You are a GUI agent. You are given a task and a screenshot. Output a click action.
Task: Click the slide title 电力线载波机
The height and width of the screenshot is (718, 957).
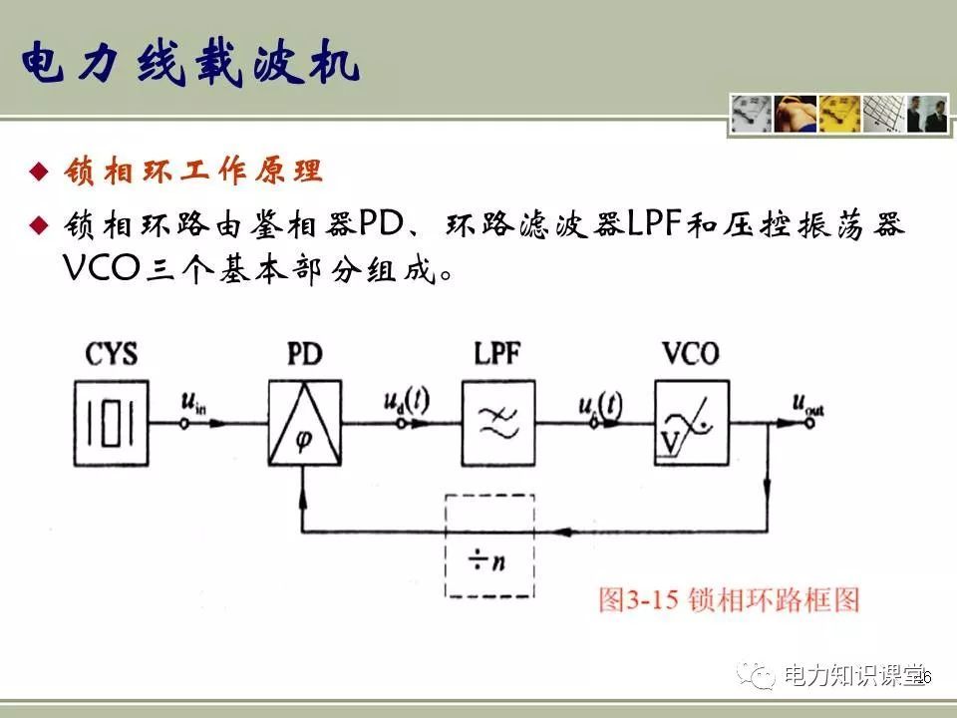[189, 67]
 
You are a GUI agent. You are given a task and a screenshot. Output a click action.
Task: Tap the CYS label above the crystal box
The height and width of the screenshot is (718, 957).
[111, 355]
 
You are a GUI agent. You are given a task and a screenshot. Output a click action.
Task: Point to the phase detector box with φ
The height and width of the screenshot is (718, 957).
[304, 423]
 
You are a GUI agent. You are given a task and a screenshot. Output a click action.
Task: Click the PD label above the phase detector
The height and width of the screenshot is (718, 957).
[304, 355]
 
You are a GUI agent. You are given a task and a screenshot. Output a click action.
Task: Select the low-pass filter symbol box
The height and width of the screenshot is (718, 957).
[497, 420]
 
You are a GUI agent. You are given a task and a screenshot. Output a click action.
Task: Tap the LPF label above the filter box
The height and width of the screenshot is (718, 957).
[497, 355]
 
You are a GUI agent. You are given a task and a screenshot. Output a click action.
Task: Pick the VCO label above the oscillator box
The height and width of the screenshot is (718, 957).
[690, 354]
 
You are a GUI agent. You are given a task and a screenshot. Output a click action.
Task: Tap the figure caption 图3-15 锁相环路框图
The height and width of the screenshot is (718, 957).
[728, 599]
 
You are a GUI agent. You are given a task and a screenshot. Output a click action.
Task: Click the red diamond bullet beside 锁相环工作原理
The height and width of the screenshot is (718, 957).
[38, 172]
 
